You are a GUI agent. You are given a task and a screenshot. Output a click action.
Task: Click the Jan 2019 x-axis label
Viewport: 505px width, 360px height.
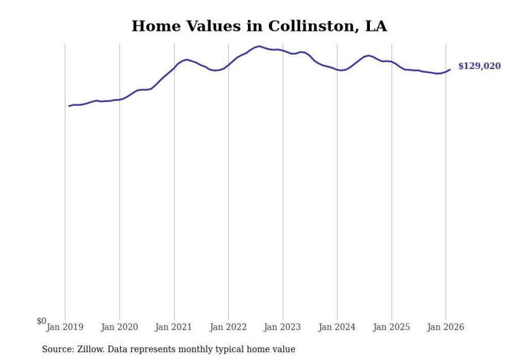click(65, 327)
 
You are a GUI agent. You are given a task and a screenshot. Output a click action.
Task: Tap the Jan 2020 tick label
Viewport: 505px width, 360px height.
click(120, 327)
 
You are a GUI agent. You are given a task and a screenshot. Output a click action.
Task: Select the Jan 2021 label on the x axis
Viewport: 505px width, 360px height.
click(174, 327)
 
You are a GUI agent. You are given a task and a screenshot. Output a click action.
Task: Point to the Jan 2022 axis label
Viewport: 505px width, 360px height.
click(228, 327)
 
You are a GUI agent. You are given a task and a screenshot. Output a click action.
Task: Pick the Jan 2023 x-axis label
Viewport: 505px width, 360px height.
click(283, 327)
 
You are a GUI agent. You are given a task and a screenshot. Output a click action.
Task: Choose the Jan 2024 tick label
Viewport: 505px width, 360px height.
click(337, 327)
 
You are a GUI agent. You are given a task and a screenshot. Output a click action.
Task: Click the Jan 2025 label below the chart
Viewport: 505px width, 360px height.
click(392, 327)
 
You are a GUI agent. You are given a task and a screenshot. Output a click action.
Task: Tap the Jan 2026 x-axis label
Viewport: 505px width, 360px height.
click(446, 327)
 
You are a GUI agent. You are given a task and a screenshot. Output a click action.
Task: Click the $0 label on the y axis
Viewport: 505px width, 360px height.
click(41, 321)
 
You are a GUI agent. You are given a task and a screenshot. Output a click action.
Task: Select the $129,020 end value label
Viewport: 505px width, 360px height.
click(479, 66)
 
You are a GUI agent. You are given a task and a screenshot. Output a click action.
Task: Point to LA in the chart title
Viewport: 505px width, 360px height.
click(376, 26)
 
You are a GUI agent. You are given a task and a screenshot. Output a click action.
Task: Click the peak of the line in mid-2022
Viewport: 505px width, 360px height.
click(260, 46)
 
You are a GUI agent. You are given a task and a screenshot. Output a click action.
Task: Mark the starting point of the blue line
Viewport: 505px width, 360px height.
click(69, 106)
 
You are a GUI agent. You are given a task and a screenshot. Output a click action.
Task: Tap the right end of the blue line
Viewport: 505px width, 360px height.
click(450, 70)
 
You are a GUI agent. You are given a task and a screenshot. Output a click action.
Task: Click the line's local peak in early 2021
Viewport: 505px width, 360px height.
click(187, 60)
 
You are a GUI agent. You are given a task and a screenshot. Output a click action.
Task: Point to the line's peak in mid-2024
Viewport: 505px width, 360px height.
click(368, 55)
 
